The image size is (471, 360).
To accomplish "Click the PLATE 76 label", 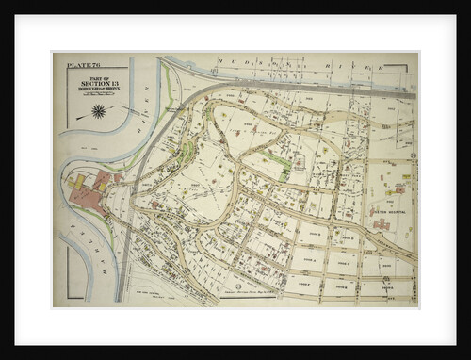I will click(x=81, y=67).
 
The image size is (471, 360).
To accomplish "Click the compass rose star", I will click(x=98, y=111).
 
